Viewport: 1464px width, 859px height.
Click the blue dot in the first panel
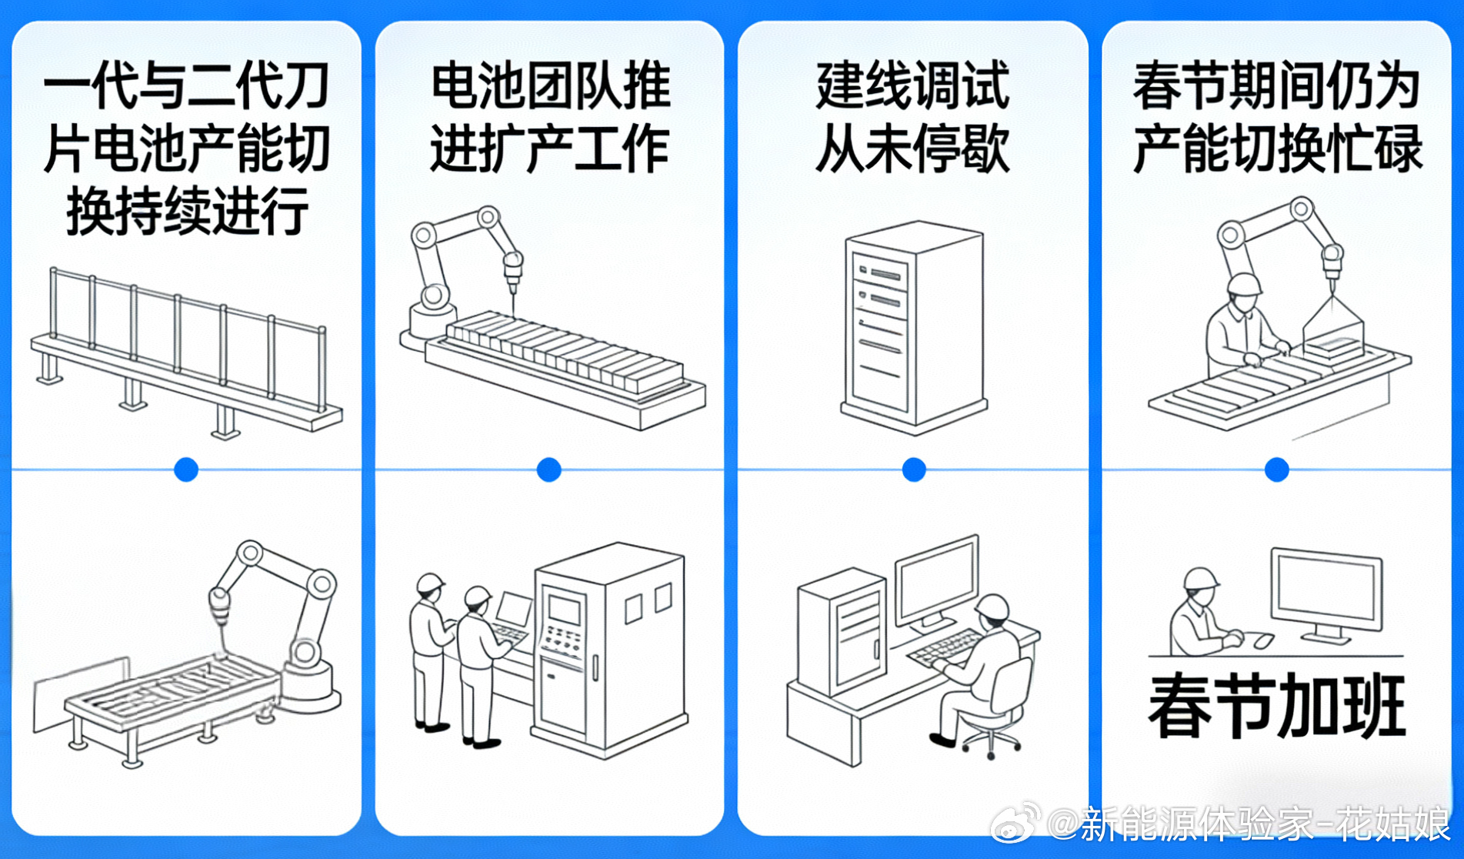pos(186,470)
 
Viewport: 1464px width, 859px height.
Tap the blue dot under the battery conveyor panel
pos(549,470)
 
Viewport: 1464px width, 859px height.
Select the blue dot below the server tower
pos(914,470)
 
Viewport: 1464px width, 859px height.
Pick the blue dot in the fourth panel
pos(1277,470)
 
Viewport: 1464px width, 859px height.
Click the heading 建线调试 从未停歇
pos(912,117)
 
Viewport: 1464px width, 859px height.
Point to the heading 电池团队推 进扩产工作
pos(549,117)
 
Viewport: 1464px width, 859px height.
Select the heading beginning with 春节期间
pos(1277,117)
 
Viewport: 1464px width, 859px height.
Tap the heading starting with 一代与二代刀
pos(186,148)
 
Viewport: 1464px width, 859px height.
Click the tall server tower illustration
pos(913,328)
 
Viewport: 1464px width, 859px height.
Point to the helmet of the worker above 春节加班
pos(1201,578)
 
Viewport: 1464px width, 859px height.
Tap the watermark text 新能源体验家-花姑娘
pos(1249,824)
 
